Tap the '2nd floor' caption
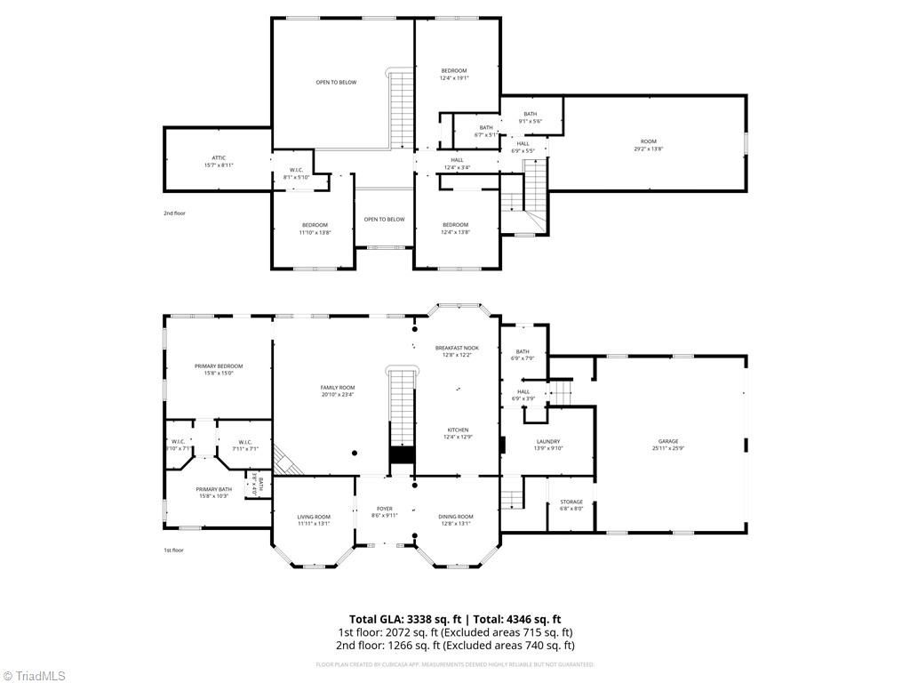pos(174,213)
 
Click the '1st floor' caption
pos(173,550)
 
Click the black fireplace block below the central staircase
pos(402,455)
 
